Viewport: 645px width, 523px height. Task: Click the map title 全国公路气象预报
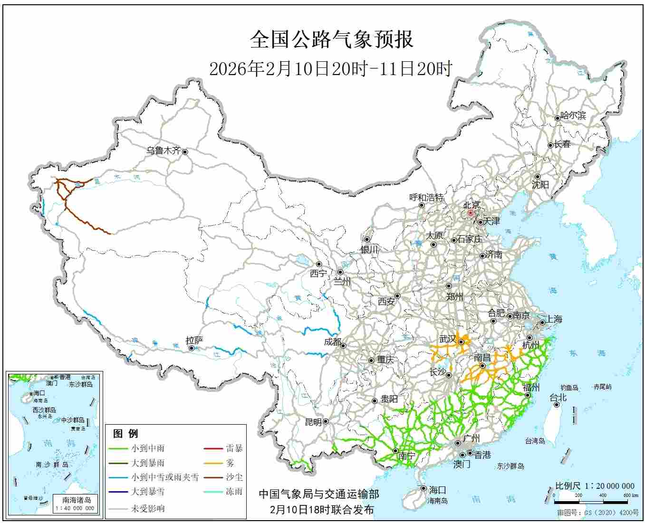click(331, 40)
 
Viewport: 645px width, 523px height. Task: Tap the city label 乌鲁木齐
click(163, 151)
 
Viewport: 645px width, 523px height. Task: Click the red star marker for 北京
click(470, 213)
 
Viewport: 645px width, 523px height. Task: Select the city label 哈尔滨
click(573, 115)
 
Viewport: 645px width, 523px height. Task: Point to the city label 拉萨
click(194, 340)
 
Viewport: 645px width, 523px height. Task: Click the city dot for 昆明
click(326, 421)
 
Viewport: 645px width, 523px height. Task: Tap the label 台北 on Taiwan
click(558, 398)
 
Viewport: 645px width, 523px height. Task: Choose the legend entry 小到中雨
click(148, 448)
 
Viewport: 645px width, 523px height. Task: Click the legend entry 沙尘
click(234, 477)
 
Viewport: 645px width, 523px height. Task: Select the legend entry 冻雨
click(234, 492)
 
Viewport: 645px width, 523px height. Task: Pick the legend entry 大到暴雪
click(148, 492)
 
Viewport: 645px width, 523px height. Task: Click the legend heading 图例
click(125, 434)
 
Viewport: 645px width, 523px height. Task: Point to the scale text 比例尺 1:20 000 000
click(595, 486)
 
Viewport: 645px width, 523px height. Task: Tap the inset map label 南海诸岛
click(77, 500)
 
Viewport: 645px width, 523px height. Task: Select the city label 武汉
click(448, 339)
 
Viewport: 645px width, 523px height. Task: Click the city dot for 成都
click(343, 345)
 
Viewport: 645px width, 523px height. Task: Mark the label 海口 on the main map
click(437, 490)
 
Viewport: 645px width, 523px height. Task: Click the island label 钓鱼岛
click(568, 388)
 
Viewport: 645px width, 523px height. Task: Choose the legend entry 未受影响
click(148, 508)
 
